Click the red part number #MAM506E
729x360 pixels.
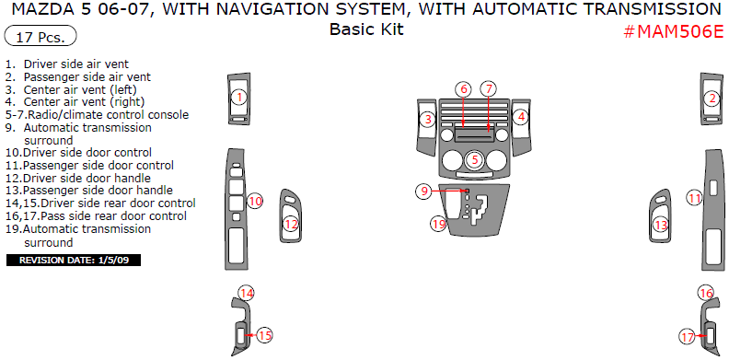click(x=674, y=31)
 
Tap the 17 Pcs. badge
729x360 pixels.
click(x=40, y=36)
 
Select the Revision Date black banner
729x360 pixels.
click(x=74, y=260)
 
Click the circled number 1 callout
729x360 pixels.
click(x=239, y=98)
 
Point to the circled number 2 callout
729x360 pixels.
click(x=712, y=99)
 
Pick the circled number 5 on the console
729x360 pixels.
click(x=475, y=160)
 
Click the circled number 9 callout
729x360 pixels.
click(x=424, y=191)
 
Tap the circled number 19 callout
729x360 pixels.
click(x=438, y=224)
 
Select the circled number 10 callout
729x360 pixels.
click(x=255, y=201)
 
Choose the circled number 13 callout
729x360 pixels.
click(x=661, y=226)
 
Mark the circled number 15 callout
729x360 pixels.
click(x=264, y=335)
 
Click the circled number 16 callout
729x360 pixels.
click(x=706, y=294)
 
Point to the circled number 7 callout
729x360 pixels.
click(x=489, y=88)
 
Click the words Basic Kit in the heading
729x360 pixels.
click(x=366, y=29)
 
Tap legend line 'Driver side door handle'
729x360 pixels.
click(x=78, y=178)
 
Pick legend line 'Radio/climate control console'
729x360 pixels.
click(x=98, y=114)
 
